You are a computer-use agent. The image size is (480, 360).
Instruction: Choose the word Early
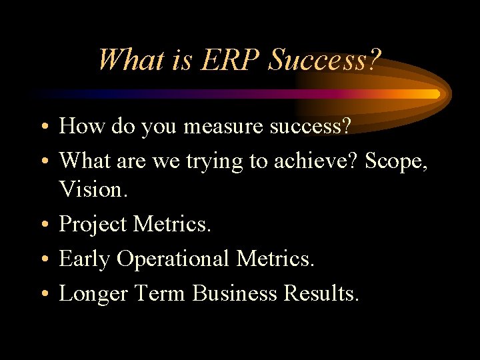click(x=85, y=259)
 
